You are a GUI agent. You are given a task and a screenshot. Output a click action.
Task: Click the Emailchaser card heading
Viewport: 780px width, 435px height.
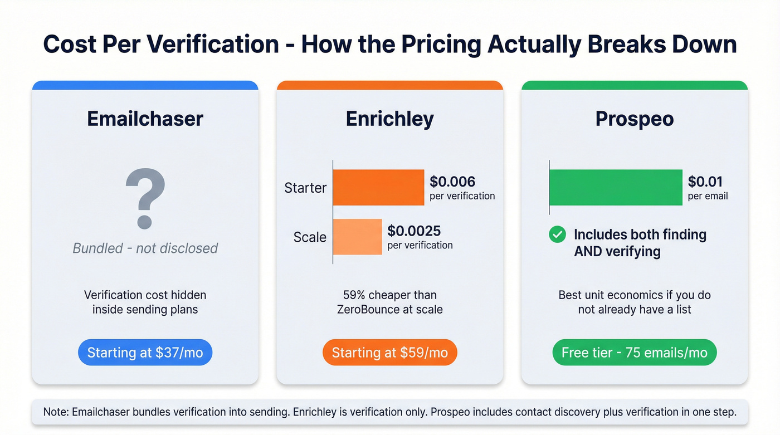pos(145,119)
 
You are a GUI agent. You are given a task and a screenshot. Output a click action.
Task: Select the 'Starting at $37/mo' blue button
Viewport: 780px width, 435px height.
pos(145,353)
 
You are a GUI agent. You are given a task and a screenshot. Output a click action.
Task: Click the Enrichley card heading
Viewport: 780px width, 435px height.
pos(389,119)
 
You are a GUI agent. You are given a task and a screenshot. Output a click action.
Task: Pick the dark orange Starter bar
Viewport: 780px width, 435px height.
pos(378,188)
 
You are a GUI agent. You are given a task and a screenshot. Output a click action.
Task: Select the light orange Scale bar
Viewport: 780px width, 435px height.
pos(357,237)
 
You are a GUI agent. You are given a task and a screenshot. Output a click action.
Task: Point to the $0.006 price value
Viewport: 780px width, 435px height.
pos(452,182)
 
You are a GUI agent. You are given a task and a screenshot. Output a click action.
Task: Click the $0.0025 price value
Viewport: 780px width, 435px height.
pos(413,231)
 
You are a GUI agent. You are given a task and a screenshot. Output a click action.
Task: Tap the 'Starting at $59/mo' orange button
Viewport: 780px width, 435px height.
pos(389,353)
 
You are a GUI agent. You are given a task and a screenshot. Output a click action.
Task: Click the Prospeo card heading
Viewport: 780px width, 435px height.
pos(634,119)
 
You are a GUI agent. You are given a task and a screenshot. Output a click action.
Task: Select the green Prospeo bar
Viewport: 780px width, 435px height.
pos(616,188)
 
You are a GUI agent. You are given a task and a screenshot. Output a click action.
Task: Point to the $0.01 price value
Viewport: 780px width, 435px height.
pos(705,182)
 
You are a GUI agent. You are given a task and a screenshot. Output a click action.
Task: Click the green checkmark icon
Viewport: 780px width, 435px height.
pos(557,234)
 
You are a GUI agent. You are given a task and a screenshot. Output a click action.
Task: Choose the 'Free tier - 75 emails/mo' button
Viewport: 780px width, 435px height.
pos(634,353)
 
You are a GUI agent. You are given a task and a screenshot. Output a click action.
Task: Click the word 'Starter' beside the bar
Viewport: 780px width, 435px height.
pos(305,188)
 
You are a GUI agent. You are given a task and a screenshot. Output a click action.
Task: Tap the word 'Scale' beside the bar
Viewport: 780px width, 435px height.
pos(310,237)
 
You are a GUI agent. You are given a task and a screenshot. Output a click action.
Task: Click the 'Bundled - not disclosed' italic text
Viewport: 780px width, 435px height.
pos(145,248)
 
